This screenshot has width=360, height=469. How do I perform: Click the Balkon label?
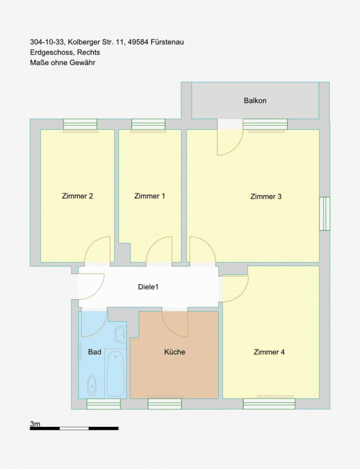(x=255, y=101)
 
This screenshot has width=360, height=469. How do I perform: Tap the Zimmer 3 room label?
(x=266, y=196)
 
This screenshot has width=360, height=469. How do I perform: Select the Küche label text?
(x=175, y=352)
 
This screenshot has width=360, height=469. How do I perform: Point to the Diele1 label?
(x=148, y=287)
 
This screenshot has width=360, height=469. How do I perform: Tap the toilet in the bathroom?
(x=92, y=385)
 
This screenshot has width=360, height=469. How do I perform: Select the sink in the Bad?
(x=121, y=335)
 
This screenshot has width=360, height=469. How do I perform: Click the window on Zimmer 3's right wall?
(x=325, y=214)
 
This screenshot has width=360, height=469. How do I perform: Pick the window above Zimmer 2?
(x=80, y=125)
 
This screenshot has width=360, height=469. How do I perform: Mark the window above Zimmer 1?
(x=148, y=125)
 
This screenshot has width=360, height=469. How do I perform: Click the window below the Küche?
(x=165, y=404)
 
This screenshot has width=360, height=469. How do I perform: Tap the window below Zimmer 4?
(x=269, y=404)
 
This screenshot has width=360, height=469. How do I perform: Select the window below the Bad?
(x=104, y=404)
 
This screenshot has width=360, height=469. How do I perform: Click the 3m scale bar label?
(x=35, y=424)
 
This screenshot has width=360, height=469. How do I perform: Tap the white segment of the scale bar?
(x=74, y=429)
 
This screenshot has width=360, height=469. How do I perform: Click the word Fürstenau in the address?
(x=167, y=42)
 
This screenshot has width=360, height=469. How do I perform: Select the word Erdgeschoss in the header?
(x=52, y=52)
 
